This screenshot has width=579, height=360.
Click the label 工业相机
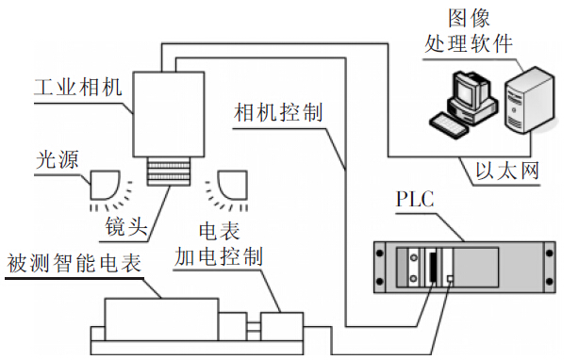[66, 87]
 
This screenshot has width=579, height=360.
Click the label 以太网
[509, 174]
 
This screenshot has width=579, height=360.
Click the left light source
[103, 185]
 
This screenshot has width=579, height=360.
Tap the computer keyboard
[452, 122]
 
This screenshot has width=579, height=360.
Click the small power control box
[282, 325]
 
